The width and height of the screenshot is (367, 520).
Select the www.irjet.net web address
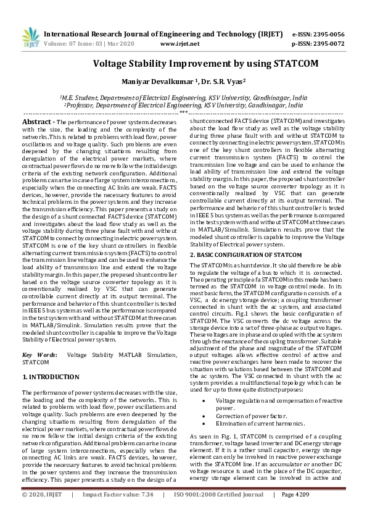click(179, 44)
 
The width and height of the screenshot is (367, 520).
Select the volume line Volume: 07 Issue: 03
click(85, 44)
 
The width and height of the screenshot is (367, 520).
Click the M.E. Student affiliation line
click(183, 98)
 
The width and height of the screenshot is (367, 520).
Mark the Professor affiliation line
click(183, 105)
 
